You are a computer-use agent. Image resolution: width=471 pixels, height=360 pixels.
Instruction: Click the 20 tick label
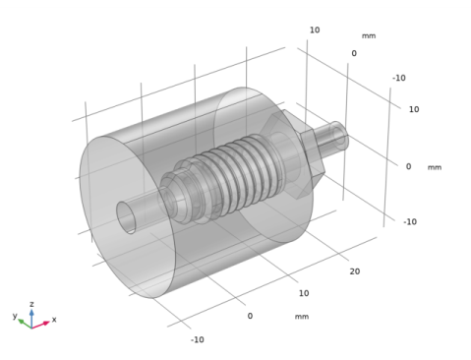(x=355, y=271)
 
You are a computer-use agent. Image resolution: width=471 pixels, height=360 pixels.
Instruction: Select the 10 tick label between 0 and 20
(x=304, y=293)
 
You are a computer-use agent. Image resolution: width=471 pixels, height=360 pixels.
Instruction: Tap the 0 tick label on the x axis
(x=250, y=316)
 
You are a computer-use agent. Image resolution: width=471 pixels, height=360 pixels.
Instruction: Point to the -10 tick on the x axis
(x=198, y=339)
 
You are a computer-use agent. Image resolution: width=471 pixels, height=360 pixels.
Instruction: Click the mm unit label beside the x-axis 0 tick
(x=302, y=317)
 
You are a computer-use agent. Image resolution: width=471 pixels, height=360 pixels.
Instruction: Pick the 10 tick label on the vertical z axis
(x=414, y=109)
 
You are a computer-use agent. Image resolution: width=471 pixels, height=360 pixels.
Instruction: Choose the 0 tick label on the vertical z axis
(x=408, y=166)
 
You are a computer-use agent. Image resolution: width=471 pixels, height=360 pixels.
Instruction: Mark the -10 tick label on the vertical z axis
(x=410, y=222)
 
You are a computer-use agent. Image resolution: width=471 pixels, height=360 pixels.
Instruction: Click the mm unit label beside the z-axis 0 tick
(x=435, y=167)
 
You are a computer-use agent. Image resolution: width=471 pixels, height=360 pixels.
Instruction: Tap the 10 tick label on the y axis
(x=315, y=30)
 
